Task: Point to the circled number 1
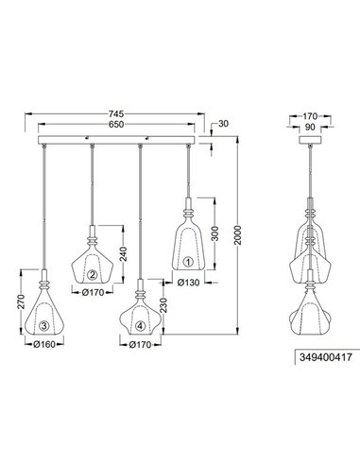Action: (x=187, y=261)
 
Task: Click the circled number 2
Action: (x=93, y=275)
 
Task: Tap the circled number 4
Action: (x=141, y=327)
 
